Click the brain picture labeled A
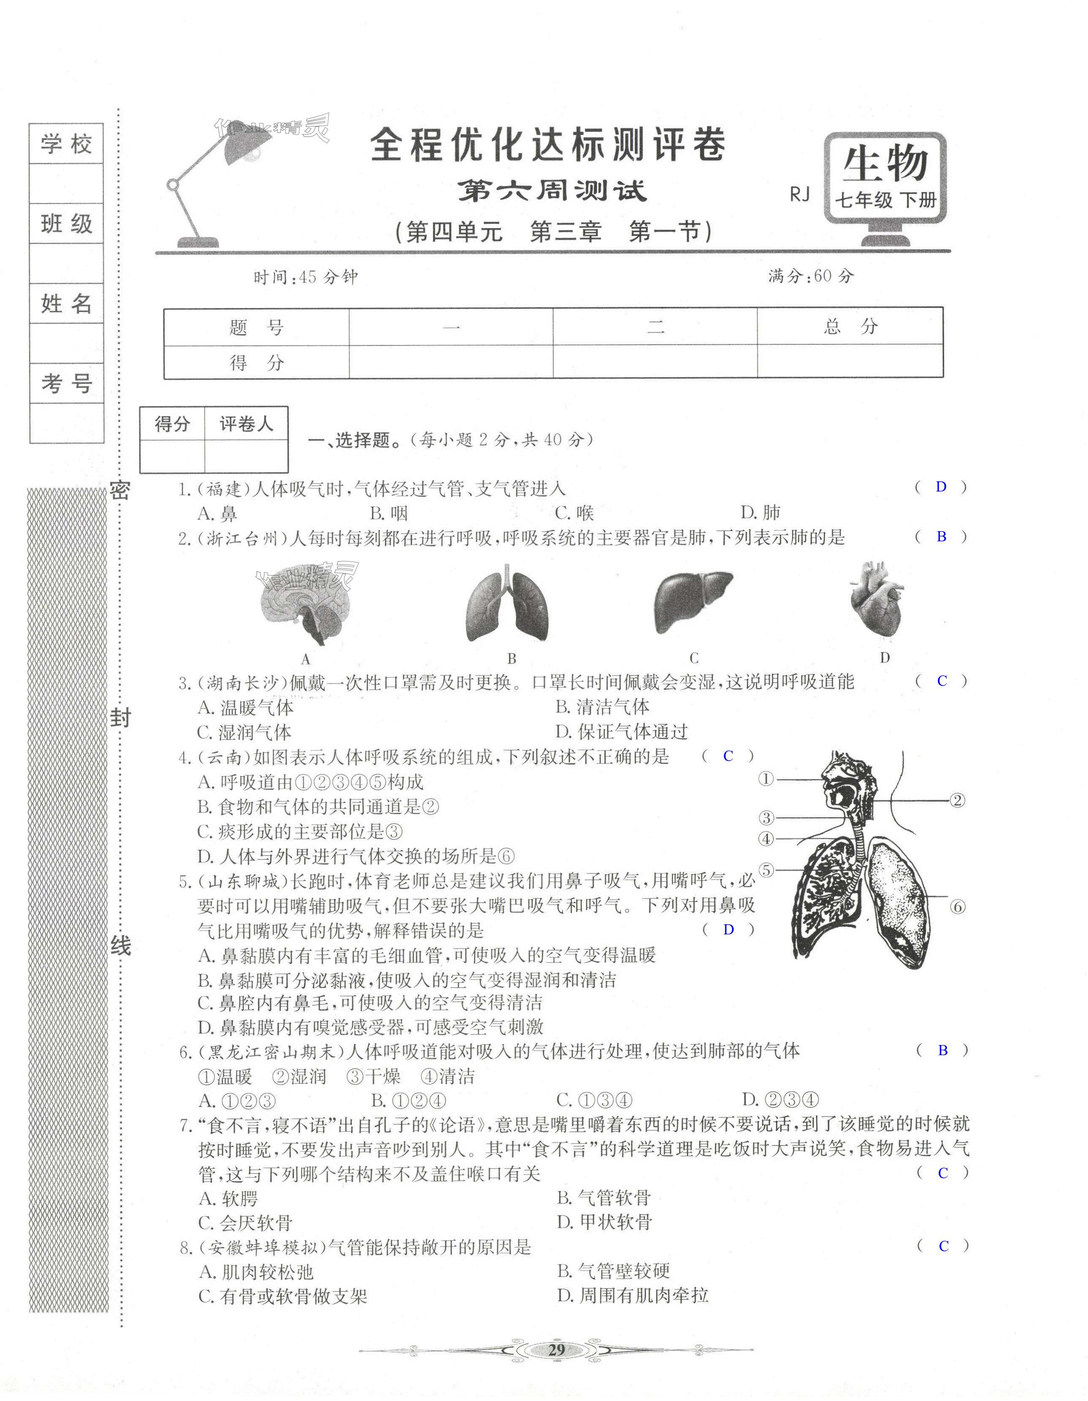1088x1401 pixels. click(x=307, y=607)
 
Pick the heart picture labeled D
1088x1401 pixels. click(x=876, y=601)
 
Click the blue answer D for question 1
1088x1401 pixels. click(x=941, y=487)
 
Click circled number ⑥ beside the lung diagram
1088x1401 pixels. click(x=957, y=907)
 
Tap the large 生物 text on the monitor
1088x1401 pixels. click(x=885, y=164)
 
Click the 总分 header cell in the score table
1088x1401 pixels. click(x=850, y=327)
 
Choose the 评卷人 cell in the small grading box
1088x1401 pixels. click(x=246, y=424)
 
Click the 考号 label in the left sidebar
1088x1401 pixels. click(x=67, y=383)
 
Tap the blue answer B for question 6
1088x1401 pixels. click(x=942, y=1051)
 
